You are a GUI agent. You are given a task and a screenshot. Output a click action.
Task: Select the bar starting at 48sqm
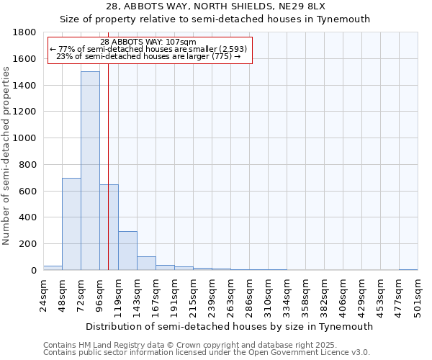click(71, 224)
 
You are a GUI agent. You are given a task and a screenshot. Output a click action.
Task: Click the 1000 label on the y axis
click(25, 138)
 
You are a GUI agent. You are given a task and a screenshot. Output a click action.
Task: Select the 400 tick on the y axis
click(28, 217)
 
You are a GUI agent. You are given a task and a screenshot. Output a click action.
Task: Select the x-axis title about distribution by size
click(230, 326)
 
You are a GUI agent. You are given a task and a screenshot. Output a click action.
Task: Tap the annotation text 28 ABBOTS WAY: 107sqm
click(148, 42)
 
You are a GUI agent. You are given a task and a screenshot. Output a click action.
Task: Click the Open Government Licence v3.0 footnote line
click(207, 352)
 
